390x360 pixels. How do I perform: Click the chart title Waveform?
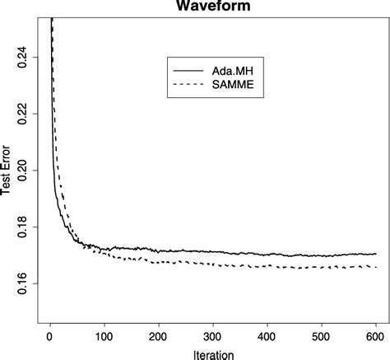(213, 7)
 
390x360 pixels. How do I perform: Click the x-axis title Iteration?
(213, 351)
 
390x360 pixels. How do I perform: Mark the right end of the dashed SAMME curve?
(375, 267)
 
